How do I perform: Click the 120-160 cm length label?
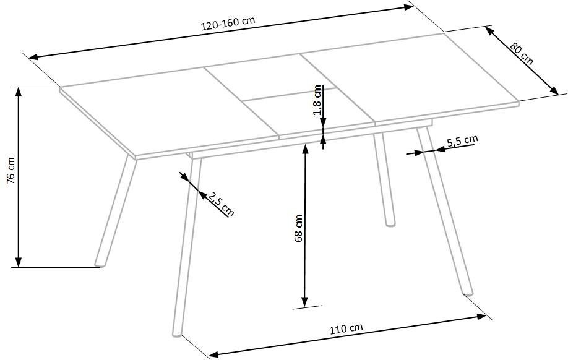point(228,24)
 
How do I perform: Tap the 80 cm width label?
point(522,54)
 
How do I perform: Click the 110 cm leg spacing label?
point(346,328)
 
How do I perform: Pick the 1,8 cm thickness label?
point(317,100)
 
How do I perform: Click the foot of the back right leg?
point(390,223)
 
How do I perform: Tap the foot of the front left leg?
point(177,334)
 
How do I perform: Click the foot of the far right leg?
point(468,293)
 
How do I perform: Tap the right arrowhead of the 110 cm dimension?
point(482,316)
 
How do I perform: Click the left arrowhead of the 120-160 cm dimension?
point(33,57)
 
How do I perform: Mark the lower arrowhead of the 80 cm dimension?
point(554,90)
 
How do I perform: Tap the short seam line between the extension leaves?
point(289,94)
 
